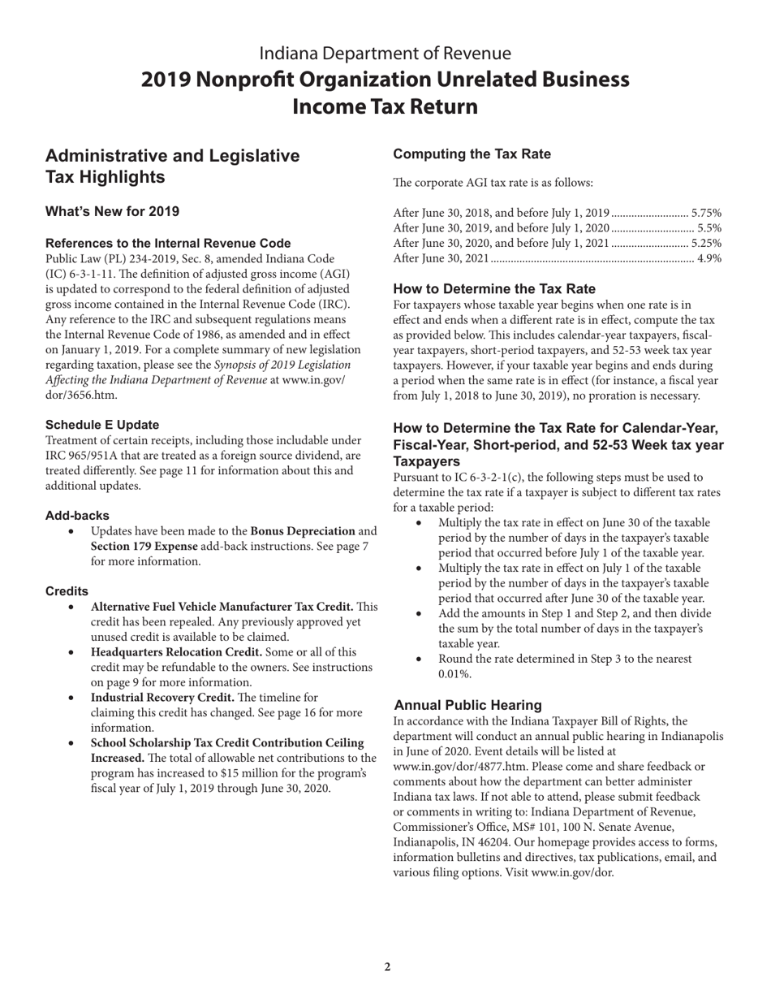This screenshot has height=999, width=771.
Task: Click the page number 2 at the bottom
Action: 387,967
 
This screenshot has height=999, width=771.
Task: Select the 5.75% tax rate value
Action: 706,212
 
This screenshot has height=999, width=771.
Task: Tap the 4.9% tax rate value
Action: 709,258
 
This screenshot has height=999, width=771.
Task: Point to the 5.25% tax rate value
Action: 706,243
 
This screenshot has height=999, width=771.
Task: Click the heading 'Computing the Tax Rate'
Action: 472,154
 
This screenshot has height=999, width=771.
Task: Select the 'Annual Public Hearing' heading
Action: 468,705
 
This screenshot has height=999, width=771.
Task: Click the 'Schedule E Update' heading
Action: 102,425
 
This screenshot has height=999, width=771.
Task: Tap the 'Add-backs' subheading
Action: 77,516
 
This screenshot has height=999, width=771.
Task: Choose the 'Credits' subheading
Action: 67,591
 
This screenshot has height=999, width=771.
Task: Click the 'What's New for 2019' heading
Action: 112,212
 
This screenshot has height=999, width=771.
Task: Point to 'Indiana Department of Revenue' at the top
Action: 385,54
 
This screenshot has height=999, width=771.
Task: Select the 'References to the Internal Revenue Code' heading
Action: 168,243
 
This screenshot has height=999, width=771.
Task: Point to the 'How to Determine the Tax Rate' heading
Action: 494,289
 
